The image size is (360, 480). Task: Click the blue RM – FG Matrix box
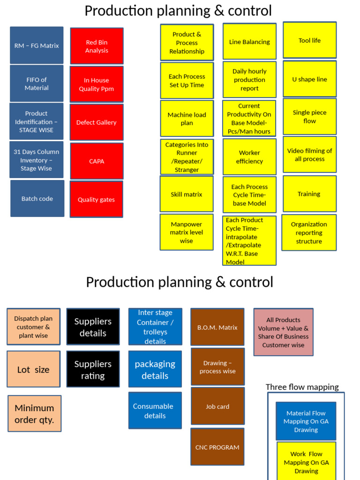pyautogui.click(x=37, y=45)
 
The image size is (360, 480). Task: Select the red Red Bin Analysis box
pyautogui.click(x=97, y=46)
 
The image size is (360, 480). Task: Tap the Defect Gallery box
pyautogui.click(x=97, y=122)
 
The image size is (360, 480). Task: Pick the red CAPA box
pyautogui.click(x=97, y=161)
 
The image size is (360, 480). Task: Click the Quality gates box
pyautogui.click(x=96, y=199)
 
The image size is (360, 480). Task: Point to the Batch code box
pyautogui.click(x=37, y=198)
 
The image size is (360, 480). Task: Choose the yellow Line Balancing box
pyautogui.click(x=249, y=42)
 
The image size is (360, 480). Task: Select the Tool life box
pyautogui.click(x=309, y=41)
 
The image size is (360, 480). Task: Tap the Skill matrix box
pyautogui.click(x=187, y=194)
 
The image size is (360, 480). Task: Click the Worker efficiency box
pyautogui.click(x=249, y=157)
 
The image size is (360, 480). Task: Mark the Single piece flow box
pyautogui.click(x=309, y=117)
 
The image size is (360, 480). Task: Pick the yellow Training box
pyautogui.click(x=309, y=194)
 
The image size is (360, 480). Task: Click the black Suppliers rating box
pyautogui.click(x=93, y=369)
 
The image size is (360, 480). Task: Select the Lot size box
pyautogui.click(x=33, y=369)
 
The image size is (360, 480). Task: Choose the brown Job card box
pyautogui.click(x=217, y=406)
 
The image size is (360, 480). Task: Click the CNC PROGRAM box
pyautogui.click(x=217, y=447)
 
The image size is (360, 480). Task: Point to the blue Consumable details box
pyautogui.click(x=155, y=411)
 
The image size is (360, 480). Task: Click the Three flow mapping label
pyautogui.click(x=302, y=387)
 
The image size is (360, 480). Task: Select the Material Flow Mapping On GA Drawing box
pyautogui.click(x=306, y=421)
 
